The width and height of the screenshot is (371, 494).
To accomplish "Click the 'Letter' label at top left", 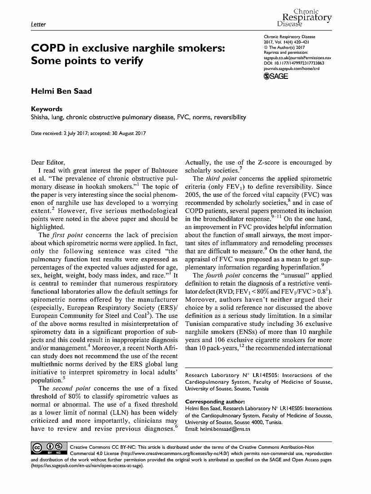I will [38, 24].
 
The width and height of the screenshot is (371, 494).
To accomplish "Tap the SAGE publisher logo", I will [276, 76].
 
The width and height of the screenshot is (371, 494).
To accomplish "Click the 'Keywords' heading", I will [46, 109].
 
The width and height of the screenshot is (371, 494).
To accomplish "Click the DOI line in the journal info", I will [294, 63].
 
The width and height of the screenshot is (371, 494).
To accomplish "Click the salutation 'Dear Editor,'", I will [48, 162].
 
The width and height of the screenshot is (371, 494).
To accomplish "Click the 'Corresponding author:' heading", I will [215, 401].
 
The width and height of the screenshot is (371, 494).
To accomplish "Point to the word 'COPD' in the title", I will [47, 48].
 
